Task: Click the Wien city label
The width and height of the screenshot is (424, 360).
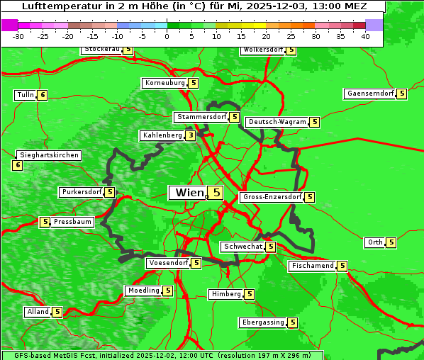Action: (188, 193)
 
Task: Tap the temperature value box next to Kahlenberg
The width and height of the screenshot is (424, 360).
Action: (191, 135)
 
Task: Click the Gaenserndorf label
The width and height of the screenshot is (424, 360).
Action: (369, 94)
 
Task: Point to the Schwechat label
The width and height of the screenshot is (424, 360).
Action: (242, 247)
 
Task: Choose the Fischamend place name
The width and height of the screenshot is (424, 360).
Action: (311, 266)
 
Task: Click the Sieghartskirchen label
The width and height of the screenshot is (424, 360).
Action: (48, 155)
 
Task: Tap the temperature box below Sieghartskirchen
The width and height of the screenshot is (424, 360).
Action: (17, 165)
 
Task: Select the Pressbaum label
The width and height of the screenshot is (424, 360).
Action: (72, 222)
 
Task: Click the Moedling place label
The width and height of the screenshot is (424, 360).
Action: (143, 291)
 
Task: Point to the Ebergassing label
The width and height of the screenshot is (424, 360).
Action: (262, 322)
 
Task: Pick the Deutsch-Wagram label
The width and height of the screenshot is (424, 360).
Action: (277, 122)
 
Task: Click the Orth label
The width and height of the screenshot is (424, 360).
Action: (374, 242)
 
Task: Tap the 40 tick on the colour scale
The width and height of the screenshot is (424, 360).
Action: (365, 37)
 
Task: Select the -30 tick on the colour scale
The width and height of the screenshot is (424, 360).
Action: (18, 37)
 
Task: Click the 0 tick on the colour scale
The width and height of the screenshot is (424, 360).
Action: (167, 37)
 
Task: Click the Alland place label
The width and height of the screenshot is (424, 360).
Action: (38, 312)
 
